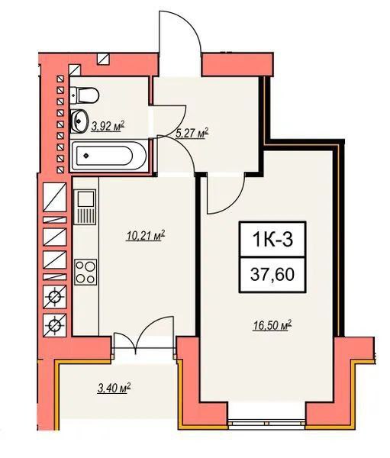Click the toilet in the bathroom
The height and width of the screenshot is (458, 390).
tap(85, 95)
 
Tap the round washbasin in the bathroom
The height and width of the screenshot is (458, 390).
tap(79, 121)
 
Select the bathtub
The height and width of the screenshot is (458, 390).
tap(108, 156)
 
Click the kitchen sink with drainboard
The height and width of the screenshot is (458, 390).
tap(85, 207)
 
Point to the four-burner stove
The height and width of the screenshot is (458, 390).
tap(85, 273)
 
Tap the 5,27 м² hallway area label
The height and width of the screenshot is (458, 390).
tap(192, 134)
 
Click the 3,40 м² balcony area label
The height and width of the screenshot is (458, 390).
tap(114, 389)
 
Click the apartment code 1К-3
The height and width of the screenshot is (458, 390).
tap(272, 240)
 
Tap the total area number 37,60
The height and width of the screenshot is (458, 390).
tap(272, 275)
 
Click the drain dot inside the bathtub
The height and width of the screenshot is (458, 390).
tap(85, 156)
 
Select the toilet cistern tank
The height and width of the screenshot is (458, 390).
tap(74, 95)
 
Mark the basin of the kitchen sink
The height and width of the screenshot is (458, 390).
tap(86, 198)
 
